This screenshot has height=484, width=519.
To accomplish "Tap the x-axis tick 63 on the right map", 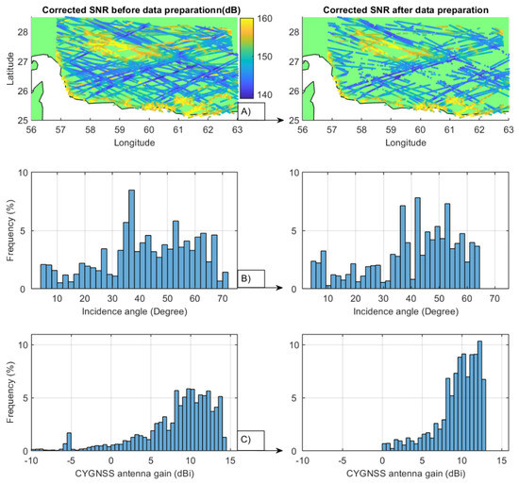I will (x=511, y=131).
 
